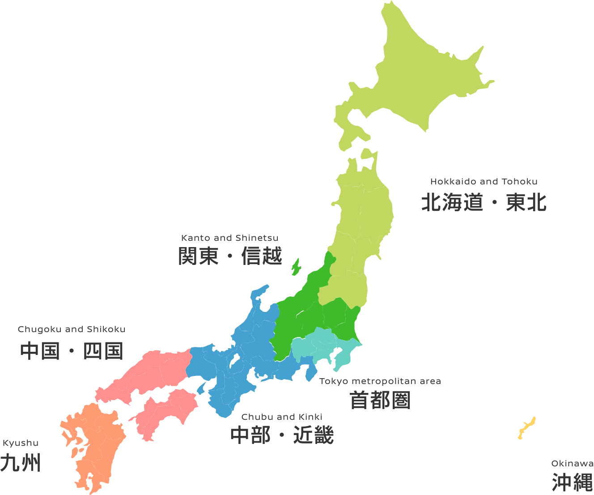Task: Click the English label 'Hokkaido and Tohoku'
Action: click(x=484, y=182)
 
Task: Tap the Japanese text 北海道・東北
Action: click(x=484, y=202)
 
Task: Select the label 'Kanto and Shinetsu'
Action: click(x=229, y=238)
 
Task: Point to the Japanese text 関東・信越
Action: click(x=230, y=256)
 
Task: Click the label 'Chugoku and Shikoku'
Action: click(x=72, y=329)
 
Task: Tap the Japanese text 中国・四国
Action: click(x=72, y=351)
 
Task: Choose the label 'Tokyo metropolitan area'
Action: click(x=380, y=381)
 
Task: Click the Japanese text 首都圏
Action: click(x=380, y=400)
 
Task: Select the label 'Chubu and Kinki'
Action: click(x=282, y=417)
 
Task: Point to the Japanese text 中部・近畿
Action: click(x=282, y=435)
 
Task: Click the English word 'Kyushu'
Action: click(x=21, y=443)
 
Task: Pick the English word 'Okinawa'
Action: click(x=572, y=464)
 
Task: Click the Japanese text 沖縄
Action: click(x=572, y=482)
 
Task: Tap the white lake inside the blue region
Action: click(x=234, y=360)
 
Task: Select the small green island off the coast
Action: click(x=296, y=267)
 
